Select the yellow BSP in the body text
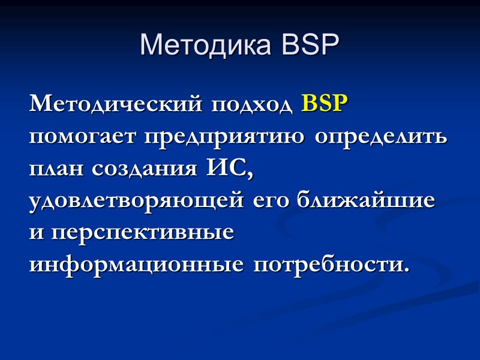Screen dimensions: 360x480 click(325, 104)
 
